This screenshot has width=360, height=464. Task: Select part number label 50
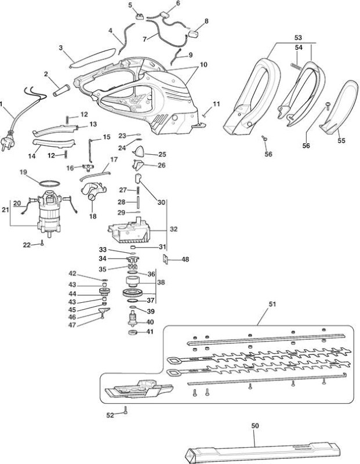(x=254, y=426)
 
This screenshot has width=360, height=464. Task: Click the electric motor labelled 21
(x=49, y=213)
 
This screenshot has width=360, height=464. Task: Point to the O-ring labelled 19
(x=49, y=183)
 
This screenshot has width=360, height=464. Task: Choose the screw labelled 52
(x=125, y=410)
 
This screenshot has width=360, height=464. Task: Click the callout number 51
(x=272, y=304)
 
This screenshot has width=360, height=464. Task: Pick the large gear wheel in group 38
(x=133, y=293)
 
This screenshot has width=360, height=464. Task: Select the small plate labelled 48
(x=165, y=259)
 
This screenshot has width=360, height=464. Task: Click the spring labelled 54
(x=295, y=67)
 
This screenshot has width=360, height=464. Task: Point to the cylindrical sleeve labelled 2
(x=61, y=90)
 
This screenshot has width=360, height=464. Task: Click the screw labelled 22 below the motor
(x=42, y=243)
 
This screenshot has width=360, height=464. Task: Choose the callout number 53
(x=298, y=38)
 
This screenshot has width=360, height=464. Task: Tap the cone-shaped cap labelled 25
(x=139, y=151)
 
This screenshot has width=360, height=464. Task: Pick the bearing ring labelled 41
(x=133, y=332)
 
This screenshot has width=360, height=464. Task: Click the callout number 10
(x=203, y=64)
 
